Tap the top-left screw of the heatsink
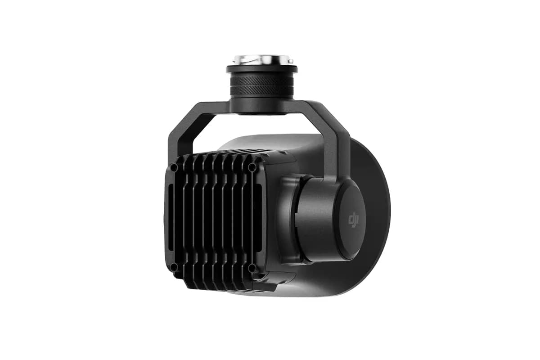(x=174, y=168)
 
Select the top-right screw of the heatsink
(x=252, y=167)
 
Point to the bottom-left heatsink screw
(x=174, y=267)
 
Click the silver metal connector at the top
(x=261, y=60)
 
